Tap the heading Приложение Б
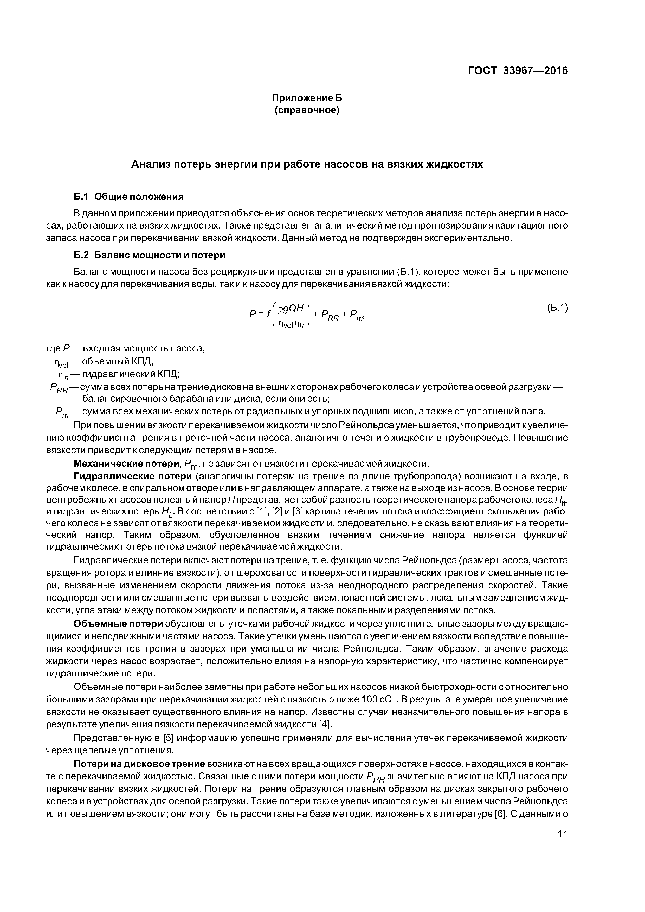tap(307, 98)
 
